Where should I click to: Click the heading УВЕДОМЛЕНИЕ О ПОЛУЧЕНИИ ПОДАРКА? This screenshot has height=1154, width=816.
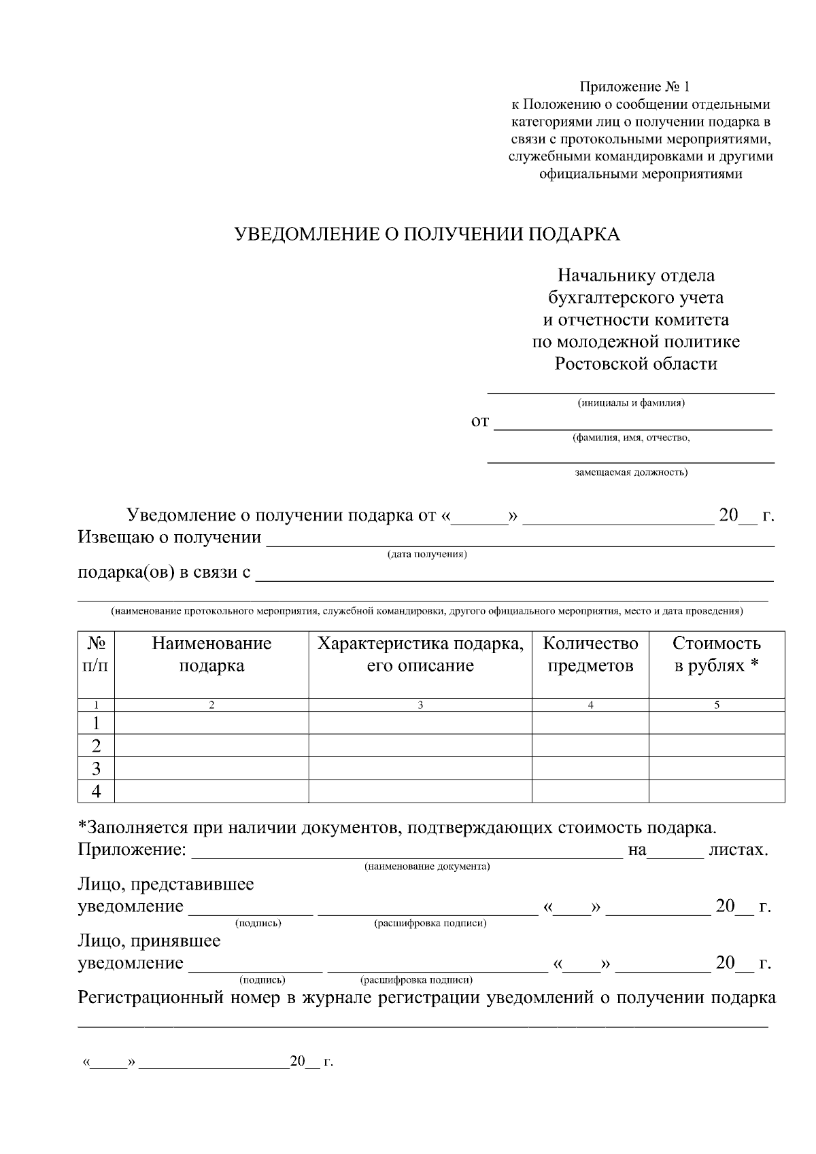pos(427,234)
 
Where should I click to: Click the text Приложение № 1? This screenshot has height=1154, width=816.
pos(634,87)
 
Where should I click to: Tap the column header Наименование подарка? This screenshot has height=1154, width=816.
pos(211,654)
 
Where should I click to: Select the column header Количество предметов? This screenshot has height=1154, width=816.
pos(590,654)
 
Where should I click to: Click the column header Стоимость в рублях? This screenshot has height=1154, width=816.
pos(716,654)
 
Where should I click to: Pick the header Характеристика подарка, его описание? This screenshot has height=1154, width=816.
pos(420,654)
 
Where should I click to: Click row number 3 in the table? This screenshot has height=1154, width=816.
pos(97,769)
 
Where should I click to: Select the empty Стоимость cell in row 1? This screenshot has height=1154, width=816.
pos(716,722)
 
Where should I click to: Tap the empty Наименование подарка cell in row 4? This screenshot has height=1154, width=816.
pos(211,792)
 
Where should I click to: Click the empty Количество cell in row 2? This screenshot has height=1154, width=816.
pos(590,746)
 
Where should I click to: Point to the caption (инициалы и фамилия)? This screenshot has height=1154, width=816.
pos(631,403)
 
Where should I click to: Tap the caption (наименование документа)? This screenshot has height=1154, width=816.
pos(427,867)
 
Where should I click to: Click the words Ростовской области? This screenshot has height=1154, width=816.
pos(636,364)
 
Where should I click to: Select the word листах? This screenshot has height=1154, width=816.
pos(738,850)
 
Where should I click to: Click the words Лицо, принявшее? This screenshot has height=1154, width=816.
pos(150,941)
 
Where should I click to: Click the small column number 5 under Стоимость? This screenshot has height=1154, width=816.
pos(716,705)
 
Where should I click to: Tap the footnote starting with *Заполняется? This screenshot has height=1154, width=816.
pos(398,828)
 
